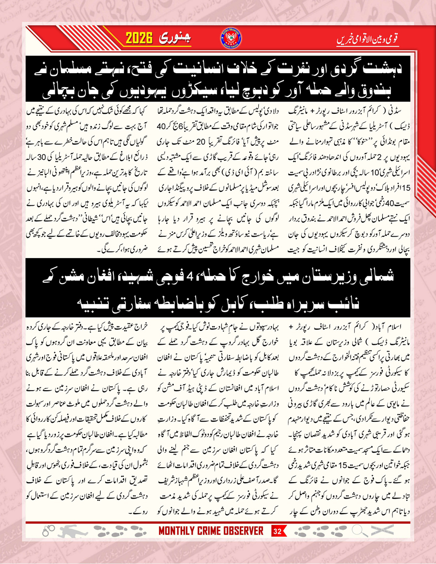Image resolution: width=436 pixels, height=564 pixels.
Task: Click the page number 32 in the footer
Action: point(277,545)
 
